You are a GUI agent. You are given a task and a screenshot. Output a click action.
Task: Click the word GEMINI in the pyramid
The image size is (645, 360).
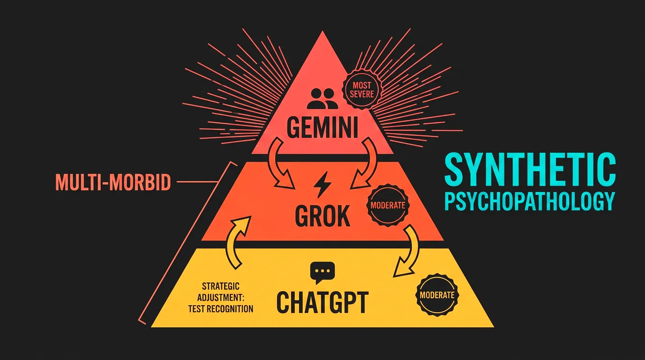322,127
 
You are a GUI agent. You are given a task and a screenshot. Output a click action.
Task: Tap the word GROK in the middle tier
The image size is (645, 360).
322,216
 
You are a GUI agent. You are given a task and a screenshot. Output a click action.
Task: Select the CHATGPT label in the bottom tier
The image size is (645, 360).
322,302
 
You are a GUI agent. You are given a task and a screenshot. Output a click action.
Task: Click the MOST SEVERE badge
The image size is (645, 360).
362,90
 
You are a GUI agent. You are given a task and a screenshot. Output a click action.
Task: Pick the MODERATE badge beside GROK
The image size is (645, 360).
388,205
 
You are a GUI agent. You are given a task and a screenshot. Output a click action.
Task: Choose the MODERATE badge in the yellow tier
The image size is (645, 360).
437,295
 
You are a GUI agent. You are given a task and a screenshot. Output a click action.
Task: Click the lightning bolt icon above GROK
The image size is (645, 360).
322,185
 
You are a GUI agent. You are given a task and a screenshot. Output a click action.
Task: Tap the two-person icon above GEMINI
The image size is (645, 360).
322,98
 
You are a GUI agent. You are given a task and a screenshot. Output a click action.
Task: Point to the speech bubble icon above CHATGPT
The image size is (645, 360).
322,272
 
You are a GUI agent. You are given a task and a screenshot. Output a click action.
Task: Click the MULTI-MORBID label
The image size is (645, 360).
113,182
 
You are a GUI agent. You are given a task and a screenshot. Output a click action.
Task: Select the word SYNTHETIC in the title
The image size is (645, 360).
530,170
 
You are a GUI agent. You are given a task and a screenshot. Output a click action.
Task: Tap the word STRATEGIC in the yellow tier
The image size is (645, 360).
221,286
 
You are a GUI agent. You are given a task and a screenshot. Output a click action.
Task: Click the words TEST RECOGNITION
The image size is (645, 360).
221,309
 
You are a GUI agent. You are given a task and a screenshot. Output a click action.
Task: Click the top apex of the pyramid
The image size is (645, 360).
322,31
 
